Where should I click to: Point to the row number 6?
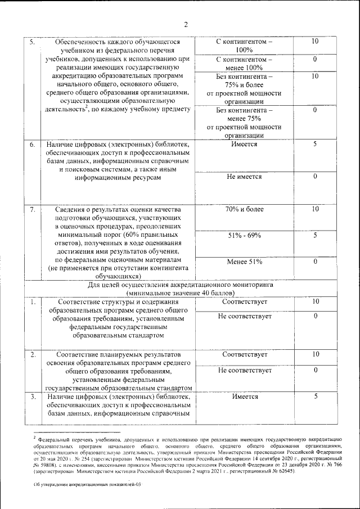click(33, 145)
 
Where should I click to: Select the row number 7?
click(33, 210)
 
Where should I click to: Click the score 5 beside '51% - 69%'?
click(315, 235)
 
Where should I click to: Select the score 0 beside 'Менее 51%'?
click(315, 262)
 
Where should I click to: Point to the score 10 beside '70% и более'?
click(315, 210)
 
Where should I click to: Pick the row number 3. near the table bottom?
click(33, 397)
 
